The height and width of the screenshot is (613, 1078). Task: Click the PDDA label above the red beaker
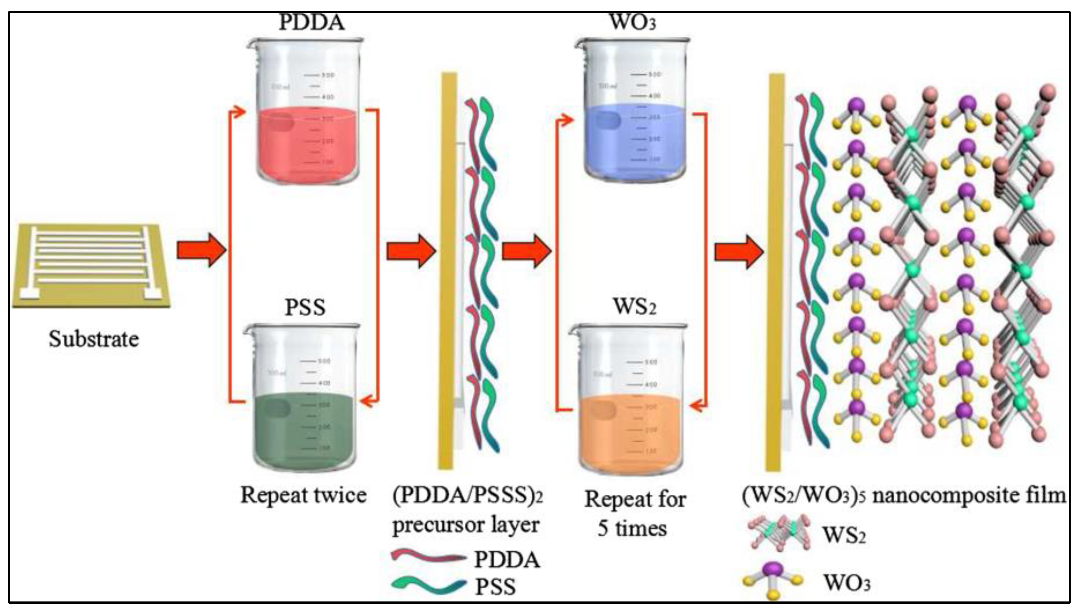tap(312, 23)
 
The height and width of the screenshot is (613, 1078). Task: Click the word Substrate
tap(94, 339)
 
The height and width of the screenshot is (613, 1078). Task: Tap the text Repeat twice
tap(303, 495)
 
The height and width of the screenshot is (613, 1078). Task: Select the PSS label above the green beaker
tap(305, 307)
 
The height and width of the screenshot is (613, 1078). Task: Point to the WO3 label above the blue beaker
tap(633, 23)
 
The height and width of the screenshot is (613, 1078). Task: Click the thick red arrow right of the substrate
tap(201, 251)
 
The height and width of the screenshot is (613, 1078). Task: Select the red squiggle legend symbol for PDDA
tap(428, 558)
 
